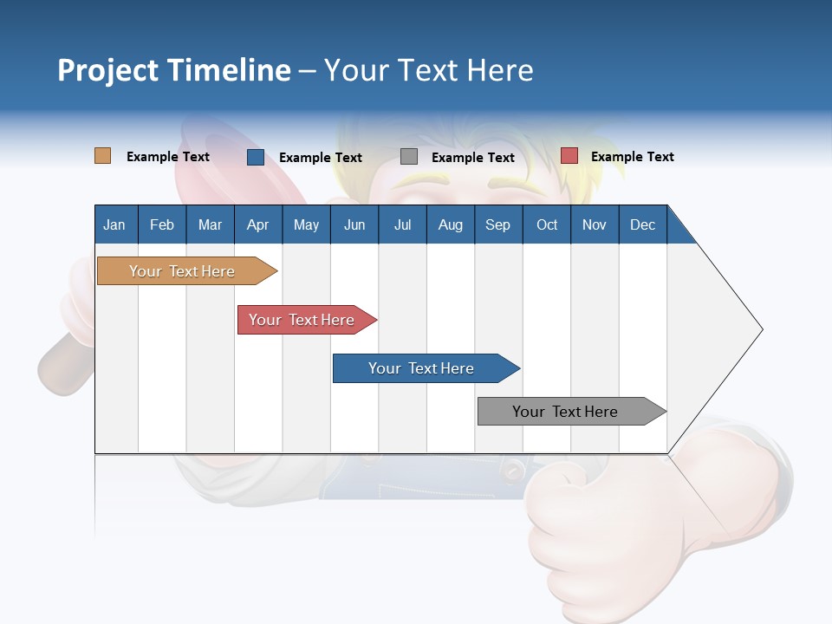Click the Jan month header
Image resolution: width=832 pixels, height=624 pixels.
[114, 224]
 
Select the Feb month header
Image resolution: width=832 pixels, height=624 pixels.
[162, 224]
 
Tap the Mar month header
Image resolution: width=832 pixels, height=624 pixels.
[210, 224]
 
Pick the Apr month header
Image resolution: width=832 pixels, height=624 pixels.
[257, 224]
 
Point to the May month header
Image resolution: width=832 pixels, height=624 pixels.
[306, 224]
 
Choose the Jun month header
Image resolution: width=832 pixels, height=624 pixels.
[354, 224]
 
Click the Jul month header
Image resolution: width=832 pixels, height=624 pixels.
[402, 224]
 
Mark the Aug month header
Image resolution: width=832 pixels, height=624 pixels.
[450, 224]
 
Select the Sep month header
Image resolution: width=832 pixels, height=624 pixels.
[497, 224]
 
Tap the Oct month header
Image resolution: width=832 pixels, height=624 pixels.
[547, 224]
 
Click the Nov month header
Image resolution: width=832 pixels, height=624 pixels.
[595, 224]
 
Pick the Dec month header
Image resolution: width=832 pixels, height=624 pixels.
[642, 224]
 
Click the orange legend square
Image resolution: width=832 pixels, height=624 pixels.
[102, 156]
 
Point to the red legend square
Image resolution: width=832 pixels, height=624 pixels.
[569, 156]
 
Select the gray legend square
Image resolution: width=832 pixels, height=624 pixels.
[409, 157]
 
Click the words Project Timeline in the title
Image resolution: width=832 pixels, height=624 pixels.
[174, 70]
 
